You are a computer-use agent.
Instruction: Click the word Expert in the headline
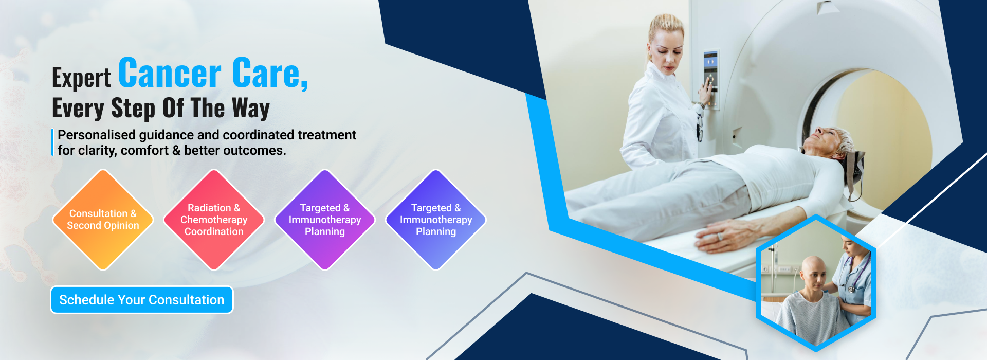[81, 78]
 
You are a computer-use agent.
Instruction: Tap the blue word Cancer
[170, 74]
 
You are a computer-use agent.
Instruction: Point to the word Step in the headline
[133, 109]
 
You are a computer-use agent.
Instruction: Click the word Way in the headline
[251, 109]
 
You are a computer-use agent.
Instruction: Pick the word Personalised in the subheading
[97, 135]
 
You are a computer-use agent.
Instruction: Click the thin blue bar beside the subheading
[52, 142]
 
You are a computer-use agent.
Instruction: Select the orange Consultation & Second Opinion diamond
[103, 220]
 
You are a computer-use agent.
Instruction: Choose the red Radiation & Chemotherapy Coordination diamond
[214, 220]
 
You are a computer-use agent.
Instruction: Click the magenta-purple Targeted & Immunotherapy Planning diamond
[325, 220]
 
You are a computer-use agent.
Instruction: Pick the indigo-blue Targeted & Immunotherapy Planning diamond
[436, 220]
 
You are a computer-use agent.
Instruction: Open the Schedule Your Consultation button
[142, 300]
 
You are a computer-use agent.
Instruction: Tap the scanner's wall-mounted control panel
[711, 80]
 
